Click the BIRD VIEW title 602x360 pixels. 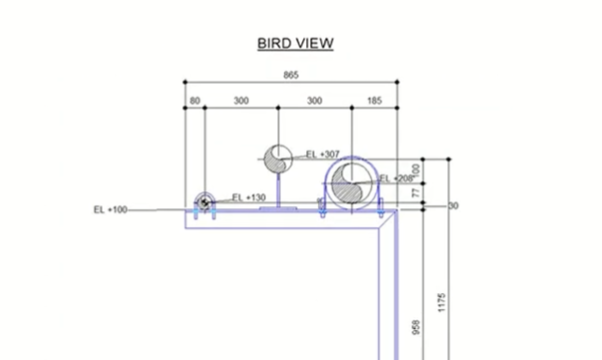point(295,43)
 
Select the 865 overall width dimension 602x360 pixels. point(291,75)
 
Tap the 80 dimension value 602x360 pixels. point(194,101)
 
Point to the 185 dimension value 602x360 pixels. point(375,101)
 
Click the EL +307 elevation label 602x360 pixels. point(323,155)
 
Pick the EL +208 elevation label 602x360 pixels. point(396,179)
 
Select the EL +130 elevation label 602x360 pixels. point(249,197)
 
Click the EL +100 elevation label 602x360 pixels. point(111,209)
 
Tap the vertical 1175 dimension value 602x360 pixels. point(442,302)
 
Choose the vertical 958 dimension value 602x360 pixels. point(417,327)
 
